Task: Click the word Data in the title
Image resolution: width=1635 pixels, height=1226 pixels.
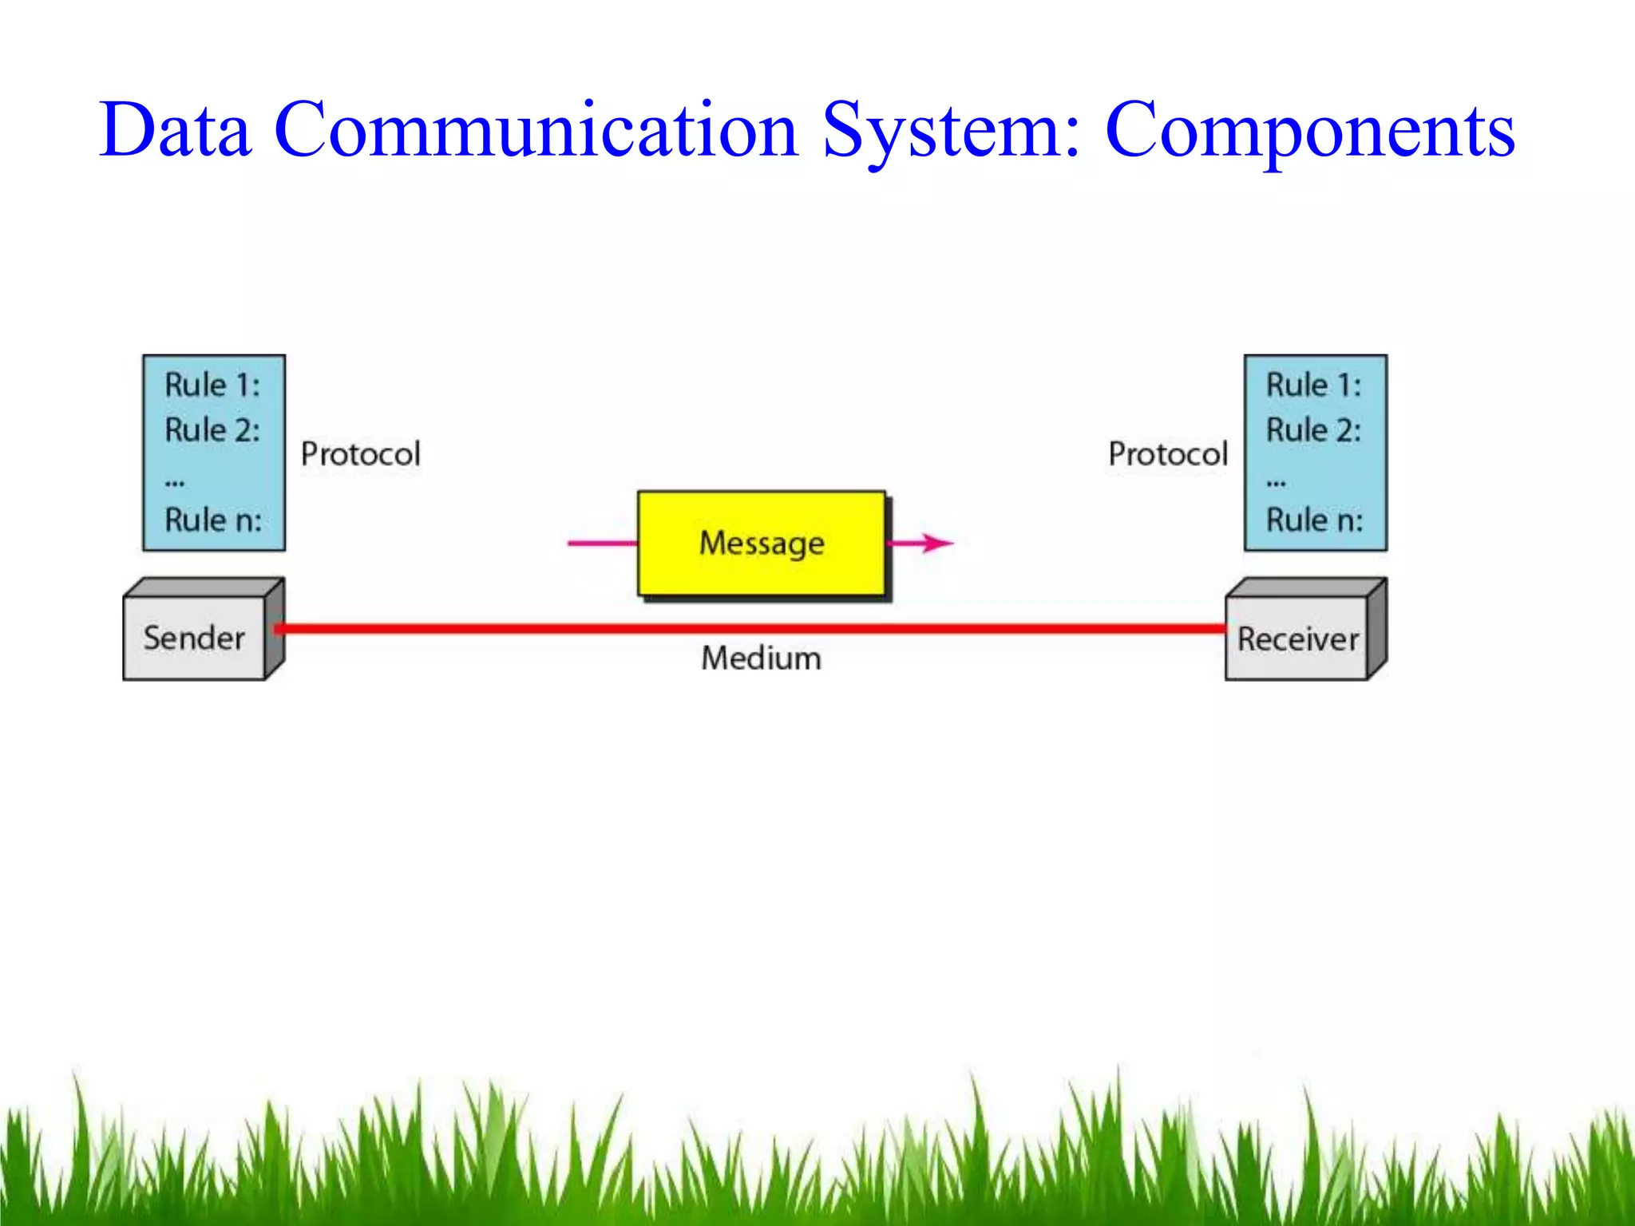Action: click(x=175, y=129)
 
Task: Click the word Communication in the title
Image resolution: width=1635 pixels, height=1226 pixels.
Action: click(x=536, y=129)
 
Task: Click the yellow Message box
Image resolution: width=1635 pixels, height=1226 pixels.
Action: click(x=762, y=544)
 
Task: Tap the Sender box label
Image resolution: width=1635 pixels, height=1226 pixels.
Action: click(x=194, y=639)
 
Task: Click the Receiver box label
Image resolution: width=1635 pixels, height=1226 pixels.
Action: click(x=1297, y=639)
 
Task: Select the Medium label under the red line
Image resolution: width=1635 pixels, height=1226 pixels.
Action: click(x=761, y=658)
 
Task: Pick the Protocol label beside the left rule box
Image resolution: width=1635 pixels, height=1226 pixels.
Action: click(x=360, y=454)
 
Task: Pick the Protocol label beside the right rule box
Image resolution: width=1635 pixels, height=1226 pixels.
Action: click(x=1168, y=454)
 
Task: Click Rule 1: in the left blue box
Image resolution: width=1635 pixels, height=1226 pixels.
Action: click(x=212, y=386)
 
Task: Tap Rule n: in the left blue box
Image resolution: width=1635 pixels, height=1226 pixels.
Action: click(x=213, y=520)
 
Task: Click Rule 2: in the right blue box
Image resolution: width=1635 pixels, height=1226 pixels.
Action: click(x=1313, y=430)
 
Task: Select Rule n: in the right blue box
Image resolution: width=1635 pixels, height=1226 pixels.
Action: click(x=1314, y=520)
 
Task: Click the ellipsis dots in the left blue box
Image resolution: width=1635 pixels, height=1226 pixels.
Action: click(x=175, y=483)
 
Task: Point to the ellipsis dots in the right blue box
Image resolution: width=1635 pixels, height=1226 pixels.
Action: click(x=1276, y=483)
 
